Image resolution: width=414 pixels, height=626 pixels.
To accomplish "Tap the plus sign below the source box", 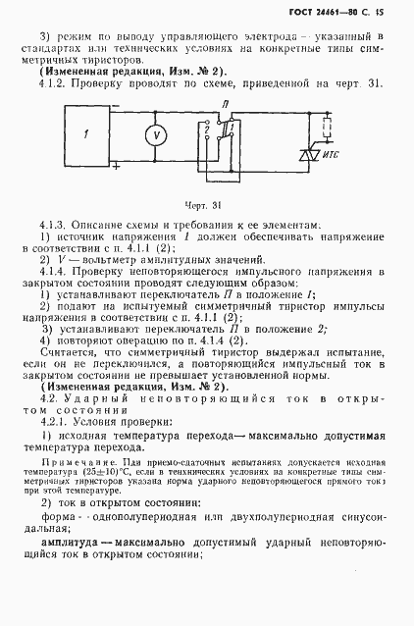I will click(117, 166).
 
